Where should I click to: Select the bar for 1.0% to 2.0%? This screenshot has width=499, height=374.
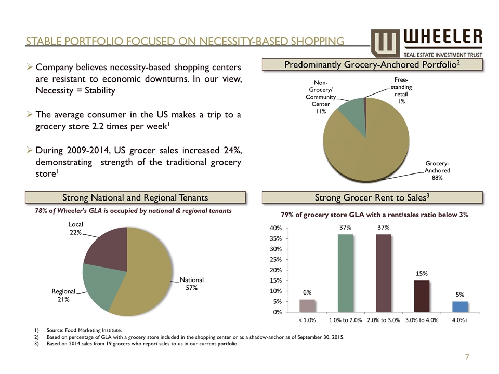[x=346, y=273]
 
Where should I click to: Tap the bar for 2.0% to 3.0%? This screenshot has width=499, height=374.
[x=384, y=273]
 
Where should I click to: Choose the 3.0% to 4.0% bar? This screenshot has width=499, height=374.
[x=422, y=296]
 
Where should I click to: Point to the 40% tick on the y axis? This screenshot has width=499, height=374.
[x=275, y=228]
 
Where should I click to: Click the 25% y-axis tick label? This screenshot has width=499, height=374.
[x=275, y=260]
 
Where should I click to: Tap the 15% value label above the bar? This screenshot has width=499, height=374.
[x=422, y=273]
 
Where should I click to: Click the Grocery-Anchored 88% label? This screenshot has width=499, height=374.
[x=437, y=170]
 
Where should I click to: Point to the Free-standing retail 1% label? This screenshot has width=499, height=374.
[x=399, y=90]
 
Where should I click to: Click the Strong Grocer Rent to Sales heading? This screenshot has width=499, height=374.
[x=373, y=197]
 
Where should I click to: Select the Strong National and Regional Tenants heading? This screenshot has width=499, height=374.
[x=135, y=197]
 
